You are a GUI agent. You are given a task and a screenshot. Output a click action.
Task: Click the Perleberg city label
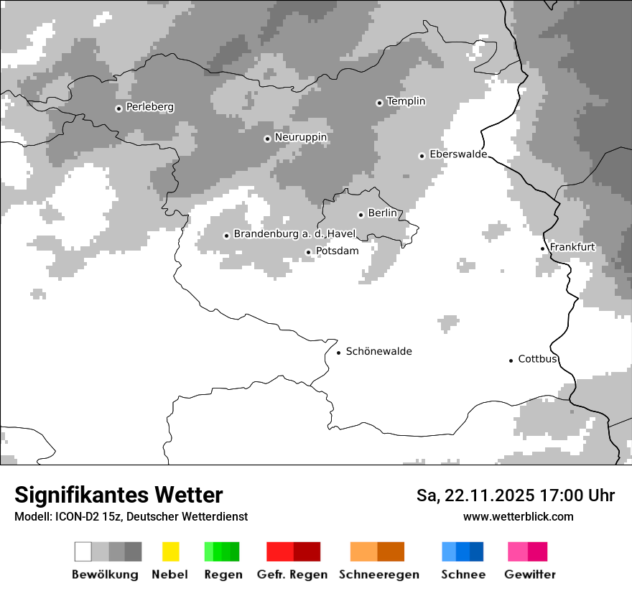pos(149,107)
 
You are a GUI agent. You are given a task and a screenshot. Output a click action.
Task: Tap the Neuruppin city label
pos(300,137)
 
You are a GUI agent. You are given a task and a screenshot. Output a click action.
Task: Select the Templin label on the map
pos(406,101)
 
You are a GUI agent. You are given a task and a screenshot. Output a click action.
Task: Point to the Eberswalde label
pos(457,154)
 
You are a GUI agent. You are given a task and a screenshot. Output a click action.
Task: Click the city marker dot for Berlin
pos(361,215)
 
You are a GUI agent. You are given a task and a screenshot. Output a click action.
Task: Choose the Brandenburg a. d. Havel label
pos(294,234)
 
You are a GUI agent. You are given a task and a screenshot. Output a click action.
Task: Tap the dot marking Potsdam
pos(308,252)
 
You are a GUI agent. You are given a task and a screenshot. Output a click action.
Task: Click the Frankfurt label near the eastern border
pos(572,247)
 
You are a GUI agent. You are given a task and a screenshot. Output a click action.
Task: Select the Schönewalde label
pos(378,351)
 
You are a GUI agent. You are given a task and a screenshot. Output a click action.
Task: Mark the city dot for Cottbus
pos(511,360)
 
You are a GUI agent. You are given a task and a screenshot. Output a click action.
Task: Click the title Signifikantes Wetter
pos(118,495)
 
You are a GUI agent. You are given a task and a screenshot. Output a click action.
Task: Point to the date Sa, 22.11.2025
pos(475,495)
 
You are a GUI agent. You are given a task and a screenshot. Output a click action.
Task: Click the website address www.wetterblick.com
pos(518,516)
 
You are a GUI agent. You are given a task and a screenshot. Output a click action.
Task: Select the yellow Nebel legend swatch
pos(170,551)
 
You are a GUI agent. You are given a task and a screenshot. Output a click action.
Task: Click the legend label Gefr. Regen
pos(292,574)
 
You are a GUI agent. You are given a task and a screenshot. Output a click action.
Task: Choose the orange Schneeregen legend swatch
pos(377,551)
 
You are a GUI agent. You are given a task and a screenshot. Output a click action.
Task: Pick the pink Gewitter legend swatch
pos(527,551)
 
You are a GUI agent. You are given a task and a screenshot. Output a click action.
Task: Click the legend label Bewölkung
pos(105,574)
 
